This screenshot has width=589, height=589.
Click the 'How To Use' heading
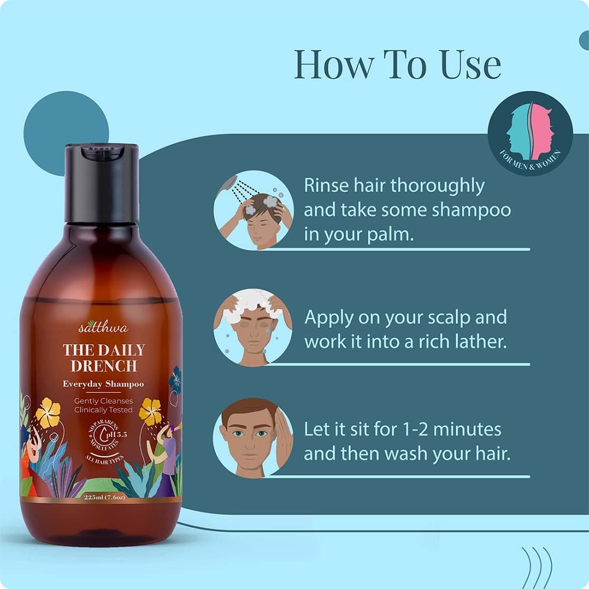pos(397,64)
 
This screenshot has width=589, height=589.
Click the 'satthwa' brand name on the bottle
pos(103,328)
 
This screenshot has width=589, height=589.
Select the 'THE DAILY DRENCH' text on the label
pos(104,358)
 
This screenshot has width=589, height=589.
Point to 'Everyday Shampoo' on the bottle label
pos(103,384)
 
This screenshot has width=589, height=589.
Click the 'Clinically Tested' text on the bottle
pos(103,410)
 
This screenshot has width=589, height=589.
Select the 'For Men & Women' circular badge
pos(530,133)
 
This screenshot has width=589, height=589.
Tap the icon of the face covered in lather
pos(253,327)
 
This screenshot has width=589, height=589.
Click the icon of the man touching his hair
pos(253,437)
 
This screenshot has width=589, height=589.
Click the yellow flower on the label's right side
pos(150,412)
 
